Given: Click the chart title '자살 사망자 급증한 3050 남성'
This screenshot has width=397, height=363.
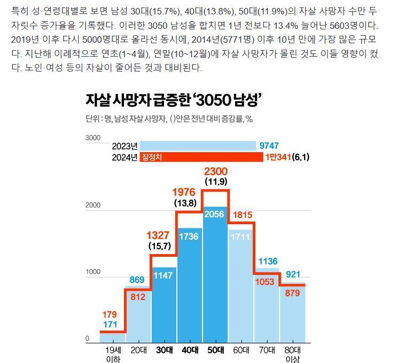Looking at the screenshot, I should [x=173, y=100].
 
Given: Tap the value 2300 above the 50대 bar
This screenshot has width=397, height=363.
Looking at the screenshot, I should [x=216, y=172].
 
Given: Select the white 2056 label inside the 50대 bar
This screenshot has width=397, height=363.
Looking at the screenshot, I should [x=216, y=214].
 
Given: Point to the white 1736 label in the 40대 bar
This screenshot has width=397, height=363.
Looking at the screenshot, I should [x=190, y=235].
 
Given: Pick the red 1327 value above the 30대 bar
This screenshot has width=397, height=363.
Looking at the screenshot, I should [x=159, y=235].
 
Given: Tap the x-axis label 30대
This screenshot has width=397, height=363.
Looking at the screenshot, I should [x=164, y=350].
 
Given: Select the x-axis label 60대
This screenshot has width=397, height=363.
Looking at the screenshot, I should [x=241, y=350].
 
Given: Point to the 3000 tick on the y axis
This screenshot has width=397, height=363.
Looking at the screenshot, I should [x=93, y=138].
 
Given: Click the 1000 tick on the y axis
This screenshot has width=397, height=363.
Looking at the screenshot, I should [x=93, y=272].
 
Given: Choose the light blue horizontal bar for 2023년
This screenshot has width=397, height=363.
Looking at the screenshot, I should [x=198, y=146].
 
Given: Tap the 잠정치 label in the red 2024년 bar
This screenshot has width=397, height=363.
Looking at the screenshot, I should [x=152, y=157].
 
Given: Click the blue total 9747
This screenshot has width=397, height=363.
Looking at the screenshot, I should [x=269, y=146].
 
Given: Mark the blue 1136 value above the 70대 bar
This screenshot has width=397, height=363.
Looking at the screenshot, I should [x=268, y=261].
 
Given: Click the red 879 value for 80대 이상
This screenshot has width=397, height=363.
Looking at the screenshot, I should [x=292, y=293].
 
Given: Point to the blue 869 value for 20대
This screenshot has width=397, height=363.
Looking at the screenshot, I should [x=137, y=280].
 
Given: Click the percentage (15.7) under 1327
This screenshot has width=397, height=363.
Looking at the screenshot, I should [x=159, y=246].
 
